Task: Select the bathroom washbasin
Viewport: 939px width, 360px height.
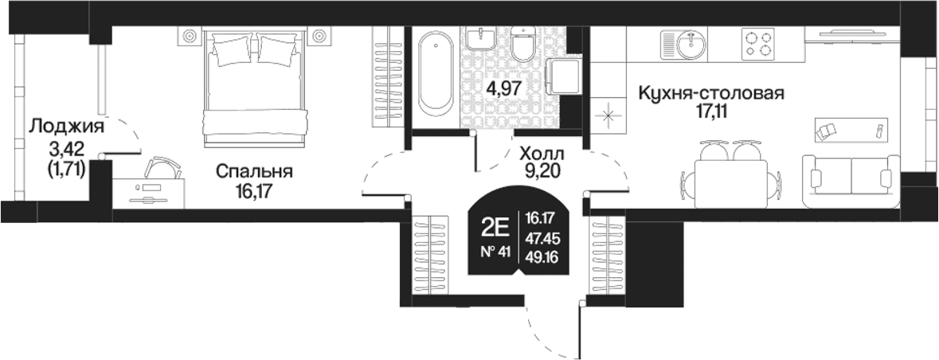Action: tap(480, 37)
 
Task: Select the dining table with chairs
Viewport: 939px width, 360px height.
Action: tap(730, 174)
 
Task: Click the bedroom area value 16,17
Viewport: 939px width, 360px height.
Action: tap(253, 192)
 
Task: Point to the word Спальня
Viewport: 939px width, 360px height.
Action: tap(254, 172)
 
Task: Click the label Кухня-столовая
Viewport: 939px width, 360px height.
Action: tap(711, 94)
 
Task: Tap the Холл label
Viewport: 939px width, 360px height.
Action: tap(542, 153)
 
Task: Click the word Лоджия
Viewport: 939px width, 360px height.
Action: tap(66, 127)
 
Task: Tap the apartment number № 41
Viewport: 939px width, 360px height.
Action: tap(495, 252)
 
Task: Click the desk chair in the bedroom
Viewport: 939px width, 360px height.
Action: tap(163, 166)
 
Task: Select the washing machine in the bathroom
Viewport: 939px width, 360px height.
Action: tap(564, 76)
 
